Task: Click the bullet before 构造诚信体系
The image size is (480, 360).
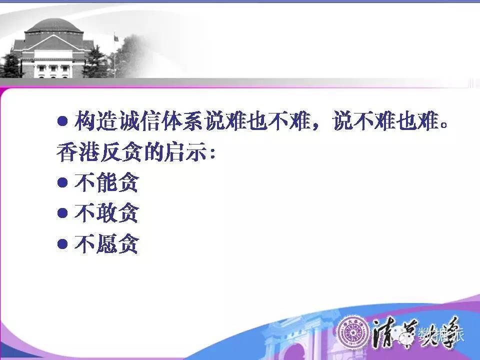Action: click(62, 121)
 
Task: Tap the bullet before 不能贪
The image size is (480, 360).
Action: click(62, 182)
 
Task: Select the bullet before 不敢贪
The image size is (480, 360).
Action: click(62, 213)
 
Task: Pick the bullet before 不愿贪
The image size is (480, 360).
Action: click(62, 244)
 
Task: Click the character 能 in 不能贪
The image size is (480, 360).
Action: click(106, 182)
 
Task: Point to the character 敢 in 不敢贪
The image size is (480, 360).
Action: click(106, 213)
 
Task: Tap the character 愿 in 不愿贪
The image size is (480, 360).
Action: click(106, 244)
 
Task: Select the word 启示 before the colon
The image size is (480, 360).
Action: click(185, 152)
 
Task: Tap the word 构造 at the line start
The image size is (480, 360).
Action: click(96, 121)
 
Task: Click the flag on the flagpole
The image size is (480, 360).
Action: click(116, 38)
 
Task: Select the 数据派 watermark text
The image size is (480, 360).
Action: click(441, 334)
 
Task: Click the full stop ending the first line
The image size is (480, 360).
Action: click(443, 125)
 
